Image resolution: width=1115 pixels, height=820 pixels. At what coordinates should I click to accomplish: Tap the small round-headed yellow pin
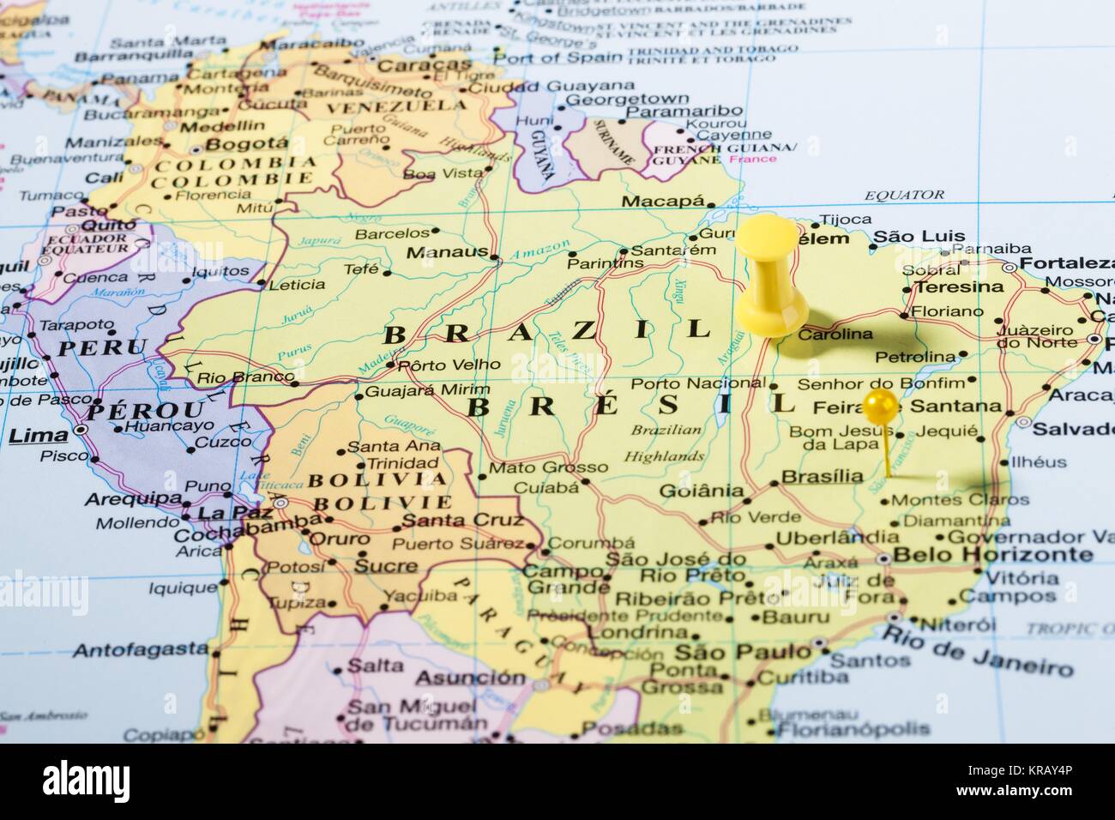click(880, 406)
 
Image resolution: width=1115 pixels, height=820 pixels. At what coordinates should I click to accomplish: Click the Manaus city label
click(442, 253)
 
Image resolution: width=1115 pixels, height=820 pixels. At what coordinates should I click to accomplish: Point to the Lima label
click(37, 436)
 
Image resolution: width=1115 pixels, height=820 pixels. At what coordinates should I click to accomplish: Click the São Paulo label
click(742, 652)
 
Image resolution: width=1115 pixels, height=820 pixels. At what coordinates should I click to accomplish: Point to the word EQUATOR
click(904, 196)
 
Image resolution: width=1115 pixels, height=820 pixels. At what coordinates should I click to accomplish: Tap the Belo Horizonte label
click(993, 555)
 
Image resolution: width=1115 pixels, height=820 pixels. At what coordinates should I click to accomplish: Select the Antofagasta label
click(140, 650)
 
